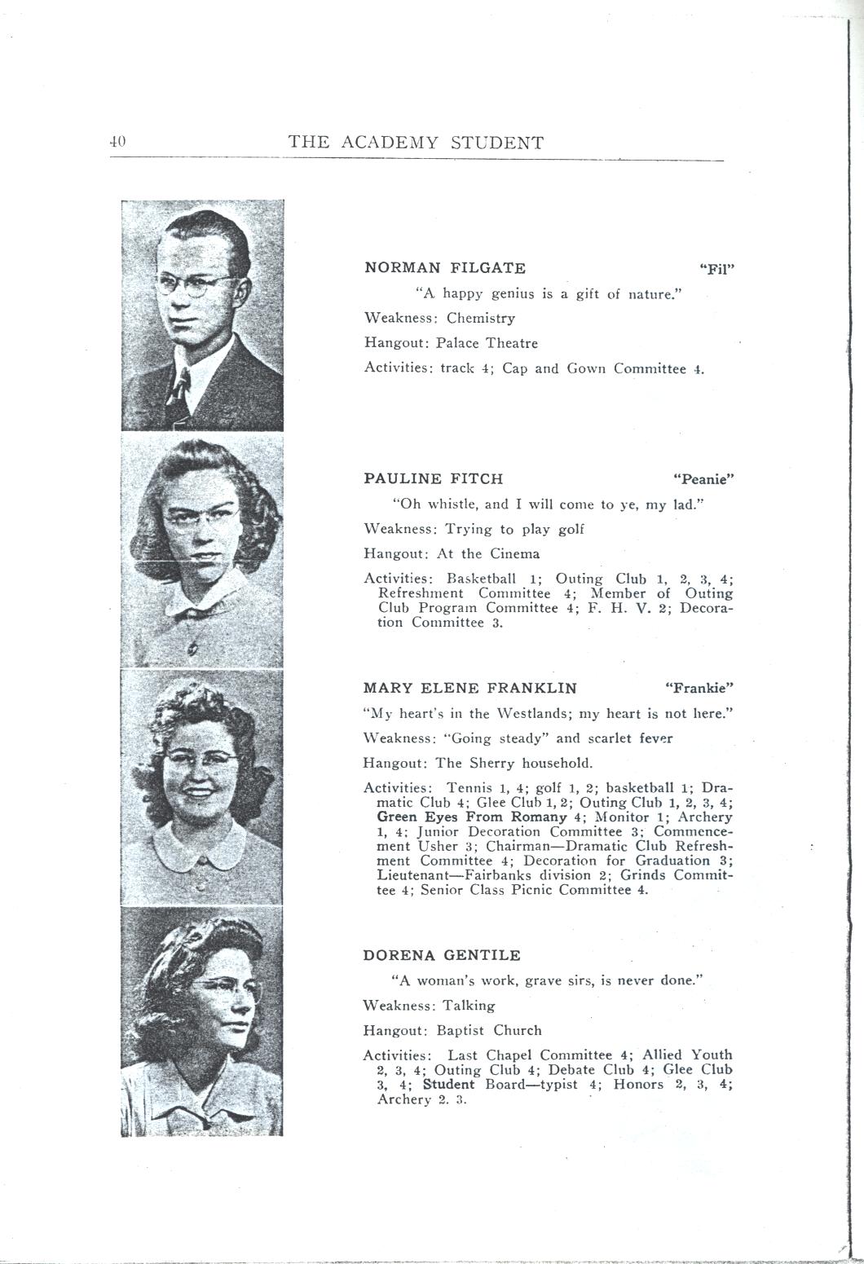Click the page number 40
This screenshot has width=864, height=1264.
click(x=117, y=141)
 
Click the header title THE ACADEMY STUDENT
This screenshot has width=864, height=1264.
click(x=416, y=143)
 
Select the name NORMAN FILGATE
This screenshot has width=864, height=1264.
click(x=445, y=268)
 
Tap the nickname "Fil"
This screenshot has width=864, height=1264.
click(x=717, y=270)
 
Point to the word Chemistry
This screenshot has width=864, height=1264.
click(x=481, y=319)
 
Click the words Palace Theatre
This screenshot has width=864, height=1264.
click(x=487, y=343)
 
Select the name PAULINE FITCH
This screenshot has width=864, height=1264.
click(x=434, y=479)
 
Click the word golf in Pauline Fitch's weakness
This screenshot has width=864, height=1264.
click(x=571, y=530)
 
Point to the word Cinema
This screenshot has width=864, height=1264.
click(x=514, y=554)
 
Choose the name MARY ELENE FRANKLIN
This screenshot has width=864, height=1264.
click(x=470, y=689)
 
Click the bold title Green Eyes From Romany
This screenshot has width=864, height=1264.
click(x=472, y=817)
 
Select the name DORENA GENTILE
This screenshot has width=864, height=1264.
click(x=442, y=955)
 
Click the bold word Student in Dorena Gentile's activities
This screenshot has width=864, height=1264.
click(x=448, y=1085)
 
